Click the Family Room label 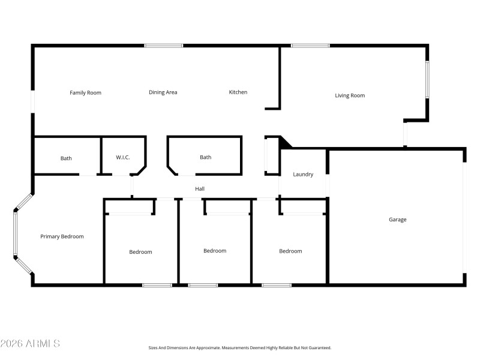[85, 92]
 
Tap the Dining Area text [163, 92]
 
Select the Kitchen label [238, 92]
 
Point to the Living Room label [349, 95]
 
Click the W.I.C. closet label [122, 158]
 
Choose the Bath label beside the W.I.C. [66, 158]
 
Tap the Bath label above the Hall [205, 157]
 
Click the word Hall [200, 189]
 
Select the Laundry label [303, 175]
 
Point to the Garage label [397, 220]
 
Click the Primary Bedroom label [62, 236]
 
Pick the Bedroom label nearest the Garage [290, 251]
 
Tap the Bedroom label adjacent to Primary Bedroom [140, 252]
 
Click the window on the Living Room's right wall [427, 79]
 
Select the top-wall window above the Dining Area [163, 46]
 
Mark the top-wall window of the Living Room [310, 46]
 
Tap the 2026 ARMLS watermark [30, 344]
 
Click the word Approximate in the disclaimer [207, 347]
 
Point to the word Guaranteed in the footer [319, 347]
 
